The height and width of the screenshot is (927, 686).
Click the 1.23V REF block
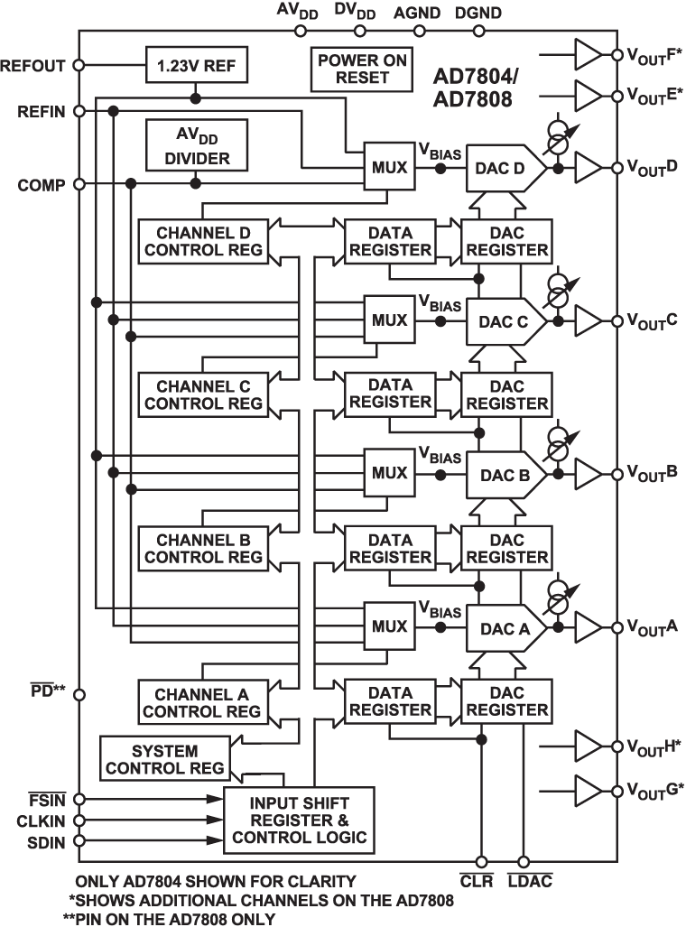[x=195, y=65]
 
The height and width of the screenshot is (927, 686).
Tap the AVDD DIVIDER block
[x=195, y=146]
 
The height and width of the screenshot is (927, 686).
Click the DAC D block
[x=504, y=168]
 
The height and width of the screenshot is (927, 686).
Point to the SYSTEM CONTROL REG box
[x=164, y=760]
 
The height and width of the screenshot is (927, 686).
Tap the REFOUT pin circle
[x=79, y=65]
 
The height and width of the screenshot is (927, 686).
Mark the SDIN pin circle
[x=79, y=841]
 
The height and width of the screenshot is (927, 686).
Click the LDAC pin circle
[x=524, y=862]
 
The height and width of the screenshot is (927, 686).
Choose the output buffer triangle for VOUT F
[x=588, y=56]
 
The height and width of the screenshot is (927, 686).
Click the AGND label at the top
[x=418, y=13]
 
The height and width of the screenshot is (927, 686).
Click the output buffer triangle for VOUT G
[x=588, y=790]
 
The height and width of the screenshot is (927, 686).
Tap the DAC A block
[x=504, y=626]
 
